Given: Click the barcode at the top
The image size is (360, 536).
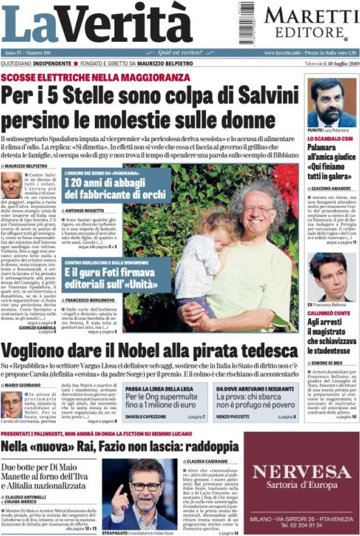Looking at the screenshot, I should [245, 22].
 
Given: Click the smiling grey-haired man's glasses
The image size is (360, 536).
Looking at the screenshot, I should [258, 209].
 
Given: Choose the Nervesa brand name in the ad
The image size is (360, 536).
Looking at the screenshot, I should [301, 471].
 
